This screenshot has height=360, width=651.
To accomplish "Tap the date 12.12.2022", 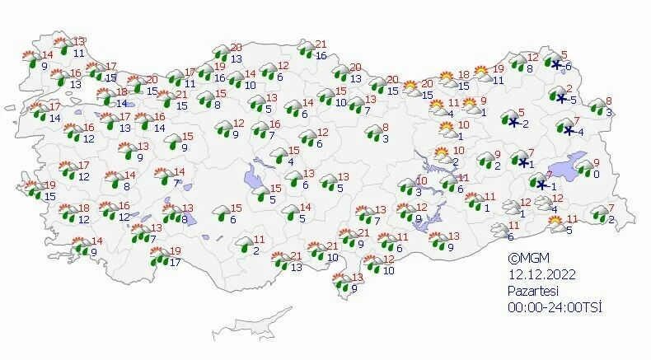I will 540,275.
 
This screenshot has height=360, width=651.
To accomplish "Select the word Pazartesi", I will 532,292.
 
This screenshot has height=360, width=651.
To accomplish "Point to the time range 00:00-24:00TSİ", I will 555,308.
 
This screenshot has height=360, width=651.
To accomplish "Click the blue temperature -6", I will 567,66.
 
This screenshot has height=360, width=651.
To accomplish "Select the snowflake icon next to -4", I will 569,130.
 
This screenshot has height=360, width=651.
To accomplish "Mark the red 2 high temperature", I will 569,89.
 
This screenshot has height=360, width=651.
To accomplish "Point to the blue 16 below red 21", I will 321,55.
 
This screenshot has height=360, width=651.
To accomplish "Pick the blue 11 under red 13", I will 78,53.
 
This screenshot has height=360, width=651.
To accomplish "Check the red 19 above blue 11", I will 498,68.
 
